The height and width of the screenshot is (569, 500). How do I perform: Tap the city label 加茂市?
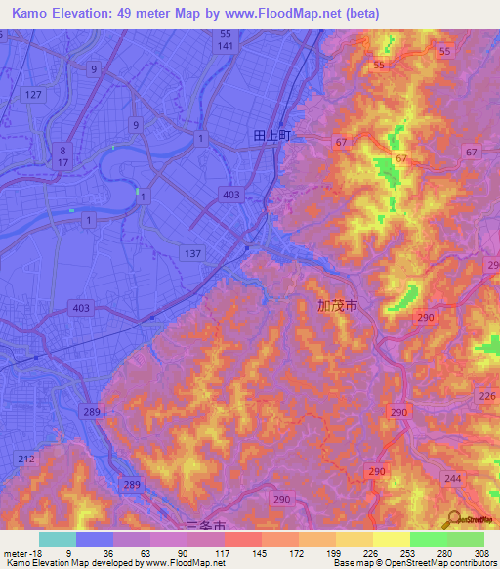[337, 306]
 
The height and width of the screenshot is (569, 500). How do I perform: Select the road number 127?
[34, 94]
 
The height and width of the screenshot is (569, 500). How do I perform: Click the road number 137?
[191, 253]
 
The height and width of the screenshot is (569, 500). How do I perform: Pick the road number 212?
[26, 459]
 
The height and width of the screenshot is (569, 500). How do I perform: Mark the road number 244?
[452, 478]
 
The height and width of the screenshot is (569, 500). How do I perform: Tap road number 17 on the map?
[62, 163]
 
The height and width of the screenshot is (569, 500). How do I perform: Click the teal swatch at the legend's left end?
[58, 539]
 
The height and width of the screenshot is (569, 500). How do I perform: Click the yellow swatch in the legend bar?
[392, 539]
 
